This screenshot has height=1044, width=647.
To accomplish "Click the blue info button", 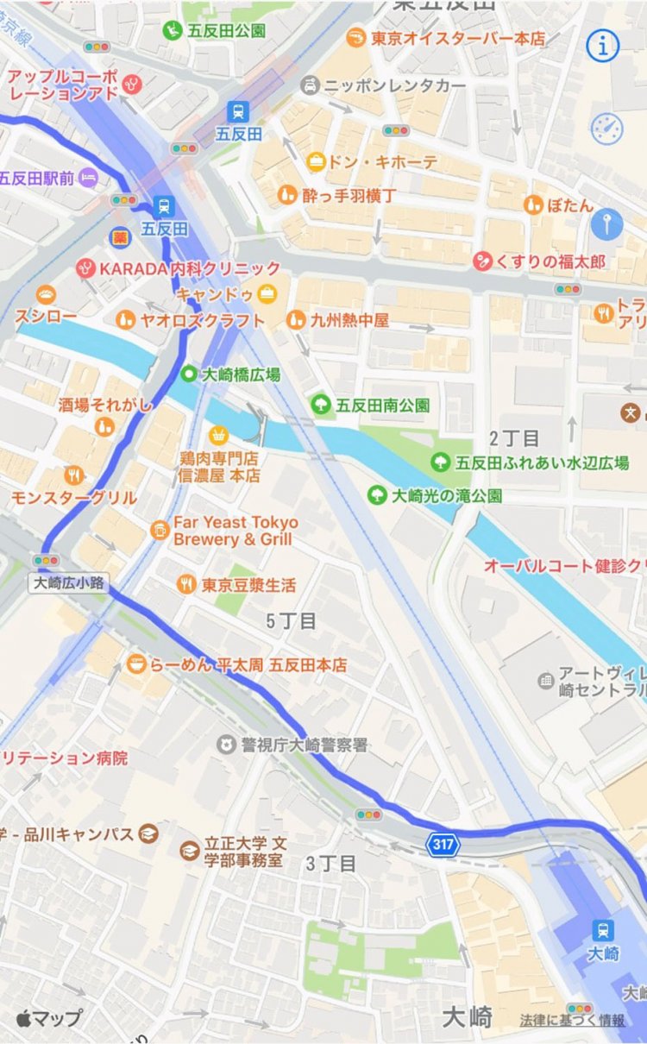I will (603, 47).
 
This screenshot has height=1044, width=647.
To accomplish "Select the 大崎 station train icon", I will (603, 930).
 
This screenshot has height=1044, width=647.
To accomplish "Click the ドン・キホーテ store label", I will (384, 162).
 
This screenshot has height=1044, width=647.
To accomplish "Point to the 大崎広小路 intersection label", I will (69, 582).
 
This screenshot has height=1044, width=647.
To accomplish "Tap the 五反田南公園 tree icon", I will (321, 403).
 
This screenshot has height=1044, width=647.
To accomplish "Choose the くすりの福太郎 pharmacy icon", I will (482, 260).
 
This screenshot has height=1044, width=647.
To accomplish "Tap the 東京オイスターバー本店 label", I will (458, 38).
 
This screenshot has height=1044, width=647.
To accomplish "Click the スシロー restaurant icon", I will (46, 295).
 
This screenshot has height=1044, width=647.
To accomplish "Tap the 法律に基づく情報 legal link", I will (572, 1020).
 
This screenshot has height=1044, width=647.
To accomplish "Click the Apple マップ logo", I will (48, 1017).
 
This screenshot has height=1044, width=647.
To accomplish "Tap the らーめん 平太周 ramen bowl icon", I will (135, 665).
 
